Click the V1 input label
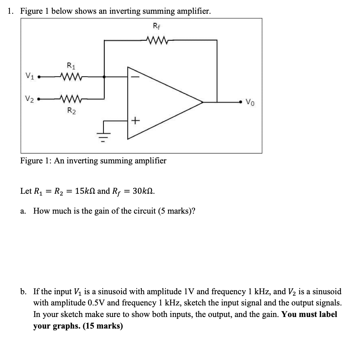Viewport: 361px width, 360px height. tap(30, 76)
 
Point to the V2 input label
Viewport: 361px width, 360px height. tap(30, 98)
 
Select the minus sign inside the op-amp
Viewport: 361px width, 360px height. tap(132, 77)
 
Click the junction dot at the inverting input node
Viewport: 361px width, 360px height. tap(104, 77)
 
